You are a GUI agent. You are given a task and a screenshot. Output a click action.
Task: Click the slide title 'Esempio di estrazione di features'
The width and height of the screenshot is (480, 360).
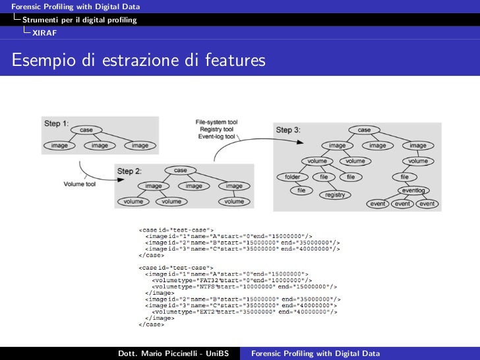pos(138,61)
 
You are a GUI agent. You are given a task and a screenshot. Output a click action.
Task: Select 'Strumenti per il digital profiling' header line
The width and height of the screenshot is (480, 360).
pos(79,20)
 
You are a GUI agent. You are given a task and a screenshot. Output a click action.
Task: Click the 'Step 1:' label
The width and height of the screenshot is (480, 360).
pos(56,123)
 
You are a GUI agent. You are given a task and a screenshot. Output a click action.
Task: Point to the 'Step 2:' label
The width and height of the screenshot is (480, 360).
pos(129,171)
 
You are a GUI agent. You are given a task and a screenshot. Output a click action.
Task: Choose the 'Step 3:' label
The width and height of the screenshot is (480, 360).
pos(288,131)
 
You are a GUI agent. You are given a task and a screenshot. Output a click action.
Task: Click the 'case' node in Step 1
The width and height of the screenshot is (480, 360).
pos(86,130)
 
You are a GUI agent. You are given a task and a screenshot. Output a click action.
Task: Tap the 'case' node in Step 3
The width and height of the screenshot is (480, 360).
pos(364,130)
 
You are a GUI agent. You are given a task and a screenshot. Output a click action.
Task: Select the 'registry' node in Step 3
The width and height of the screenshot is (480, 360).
pos(335,195)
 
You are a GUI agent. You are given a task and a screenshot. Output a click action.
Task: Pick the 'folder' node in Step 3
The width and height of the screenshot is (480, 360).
pos(292,177)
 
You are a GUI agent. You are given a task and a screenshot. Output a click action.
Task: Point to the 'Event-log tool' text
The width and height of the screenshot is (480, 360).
pos(216,136)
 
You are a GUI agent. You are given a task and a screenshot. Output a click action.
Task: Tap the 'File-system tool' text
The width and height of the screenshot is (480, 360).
pos(216,123)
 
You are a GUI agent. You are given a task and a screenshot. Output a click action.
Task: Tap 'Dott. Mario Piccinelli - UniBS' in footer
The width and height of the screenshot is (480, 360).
pos(173,353)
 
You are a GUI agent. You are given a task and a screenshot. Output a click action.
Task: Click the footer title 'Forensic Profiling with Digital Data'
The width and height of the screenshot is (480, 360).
pos(316,353)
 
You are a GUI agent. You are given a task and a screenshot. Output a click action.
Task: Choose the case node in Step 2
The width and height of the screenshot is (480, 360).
pos(180,170)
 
